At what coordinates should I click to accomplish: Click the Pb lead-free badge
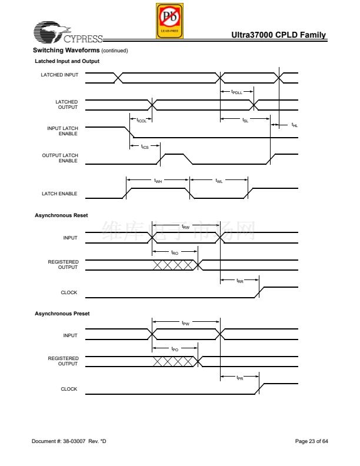point(170,21)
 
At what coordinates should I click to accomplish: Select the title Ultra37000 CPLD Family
point(279,35)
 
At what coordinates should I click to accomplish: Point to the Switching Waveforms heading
point(66,50)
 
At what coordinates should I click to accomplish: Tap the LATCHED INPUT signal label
point(59,75)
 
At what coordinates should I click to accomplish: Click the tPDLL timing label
point(236,92)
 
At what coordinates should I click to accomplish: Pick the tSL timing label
point(245,120)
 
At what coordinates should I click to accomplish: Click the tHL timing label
point(294,125)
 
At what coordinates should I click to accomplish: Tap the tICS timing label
point(145,147)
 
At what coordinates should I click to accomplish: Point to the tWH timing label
point(158,181)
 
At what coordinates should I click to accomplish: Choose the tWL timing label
point(219,181)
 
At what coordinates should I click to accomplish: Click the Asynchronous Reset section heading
point(61,215)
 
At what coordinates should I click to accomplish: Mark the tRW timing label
point(185,227)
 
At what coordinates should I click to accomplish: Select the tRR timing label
point(240,282)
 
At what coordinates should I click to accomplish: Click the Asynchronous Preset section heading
point(62,314)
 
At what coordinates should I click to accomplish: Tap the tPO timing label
point(175,349)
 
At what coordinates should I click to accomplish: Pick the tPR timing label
point(239,378)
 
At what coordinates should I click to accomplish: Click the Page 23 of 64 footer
point(311,441)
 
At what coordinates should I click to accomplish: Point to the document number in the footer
point(69,441)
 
